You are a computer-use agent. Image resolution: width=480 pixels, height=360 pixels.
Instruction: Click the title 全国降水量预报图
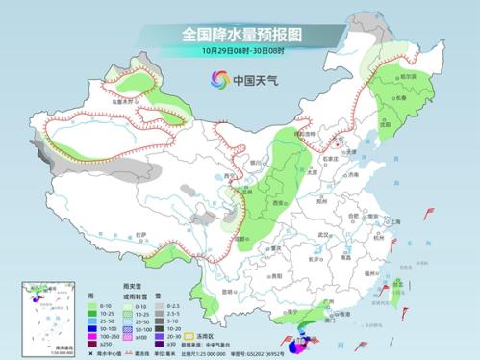240,33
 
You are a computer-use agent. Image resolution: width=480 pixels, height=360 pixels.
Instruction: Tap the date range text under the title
240,50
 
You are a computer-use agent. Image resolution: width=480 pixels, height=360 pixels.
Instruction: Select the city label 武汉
323,235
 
